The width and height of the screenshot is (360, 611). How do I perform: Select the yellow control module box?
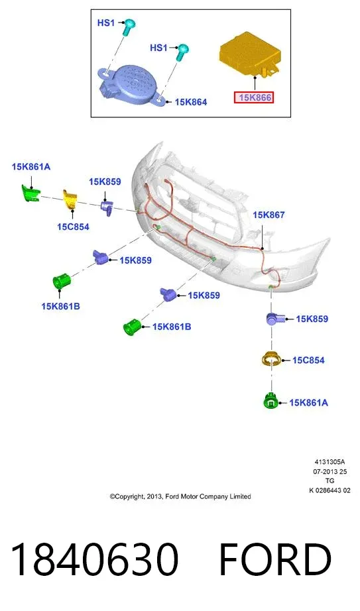click(251, 54)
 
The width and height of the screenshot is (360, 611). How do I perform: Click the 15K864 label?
click(191, 102)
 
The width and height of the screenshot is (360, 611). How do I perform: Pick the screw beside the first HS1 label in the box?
click(128, 27)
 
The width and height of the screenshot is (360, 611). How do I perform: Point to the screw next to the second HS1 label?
click(182, 52)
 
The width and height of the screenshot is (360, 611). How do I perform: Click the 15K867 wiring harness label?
click(269, 215)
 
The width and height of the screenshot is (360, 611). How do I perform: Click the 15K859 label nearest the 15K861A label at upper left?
click(105, 182)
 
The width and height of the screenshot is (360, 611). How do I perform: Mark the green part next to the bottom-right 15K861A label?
click(271, 401)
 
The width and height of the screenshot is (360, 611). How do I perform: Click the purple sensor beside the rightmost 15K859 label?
click(274, 319)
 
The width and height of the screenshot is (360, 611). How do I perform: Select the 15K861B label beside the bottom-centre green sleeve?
click(172, 327)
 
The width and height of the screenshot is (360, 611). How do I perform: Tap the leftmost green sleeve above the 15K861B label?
click(61, 280)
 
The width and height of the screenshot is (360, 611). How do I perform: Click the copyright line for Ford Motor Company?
click(180, 496)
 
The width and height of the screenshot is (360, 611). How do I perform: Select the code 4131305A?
click(330, 462)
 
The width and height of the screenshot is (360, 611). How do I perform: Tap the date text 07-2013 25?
click(330, 471)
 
